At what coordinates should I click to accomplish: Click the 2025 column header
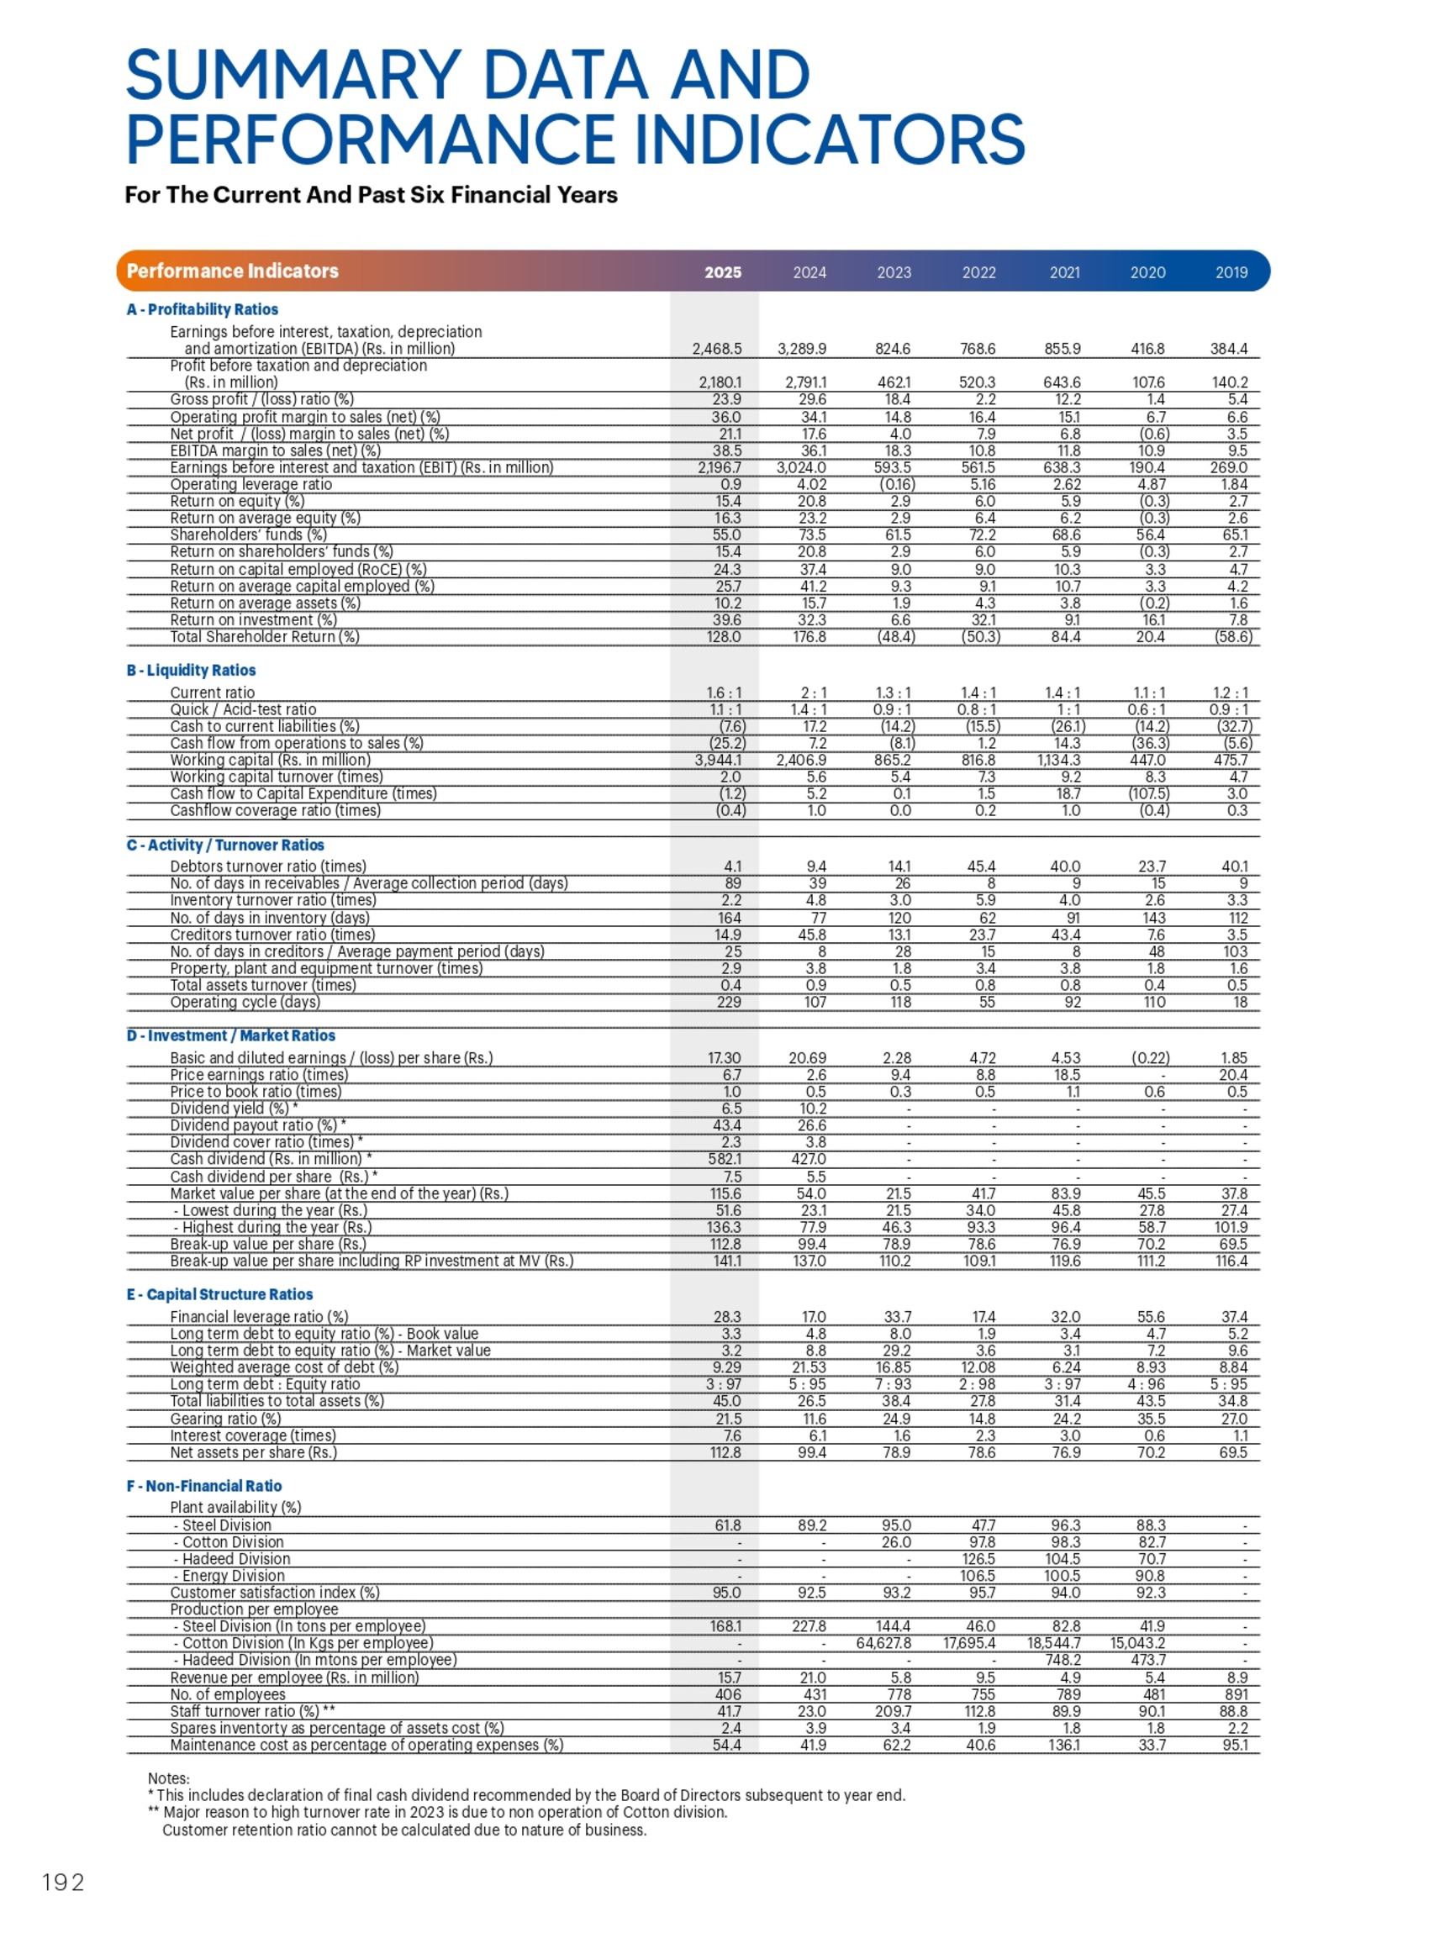click(x=722, y=272)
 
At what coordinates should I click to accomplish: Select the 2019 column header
click(x=1231, y=272)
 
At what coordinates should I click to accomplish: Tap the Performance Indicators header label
click(x=232, y=271)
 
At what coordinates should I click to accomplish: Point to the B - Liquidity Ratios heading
click(x=190, y=671)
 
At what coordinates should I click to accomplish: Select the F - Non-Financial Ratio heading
click(x=204, y=1486)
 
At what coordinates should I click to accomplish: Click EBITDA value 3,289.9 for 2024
click(x=802, y=350)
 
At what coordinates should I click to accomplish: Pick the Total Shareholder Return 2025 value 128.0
click(x=723, y=637)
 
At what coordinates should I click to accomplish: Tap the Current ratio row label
click(x=212, y=693)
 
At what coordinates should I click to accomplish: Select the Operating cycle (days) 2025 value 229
click(x=728, y=1003)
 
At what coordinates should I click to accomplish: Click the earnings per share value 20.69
click(x=807, y=1058)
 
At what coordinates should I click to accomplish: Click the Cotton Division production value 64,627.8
click(x=883, y=1643)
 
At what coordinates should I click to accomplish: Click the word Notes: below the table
click(x=169, y=1778)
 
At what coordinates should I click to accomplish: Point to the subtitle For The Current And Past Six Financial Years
click(x=370, y=195)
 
